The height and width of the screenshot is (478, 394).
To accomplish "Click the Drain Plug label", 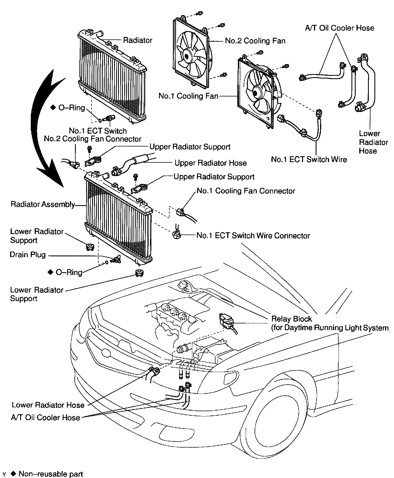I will tap(27, 255).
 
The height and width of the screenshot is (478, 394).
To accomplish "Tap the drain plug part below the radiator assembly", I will tap(115, 260).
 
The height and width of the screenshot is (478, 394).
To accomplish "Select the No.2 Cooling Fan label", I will tap(255, 41).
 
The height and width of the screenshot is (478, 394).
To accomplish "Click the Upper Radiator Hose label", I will tap(210, 163).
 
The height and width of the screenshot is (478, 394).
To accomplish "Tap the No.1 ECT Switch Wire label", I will tap(309, 159).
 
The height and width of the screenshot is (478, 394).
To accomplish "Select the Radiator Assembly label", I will tap(43, 204).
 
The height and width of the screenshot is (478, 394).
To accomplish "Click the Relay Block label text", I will tap(292, 319).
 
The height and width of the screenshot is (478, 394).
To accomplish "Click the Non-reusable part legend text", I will tap(51, 474).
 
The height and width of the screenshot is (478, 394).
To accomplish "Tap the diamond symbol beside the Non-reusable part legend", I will tap(13, 474).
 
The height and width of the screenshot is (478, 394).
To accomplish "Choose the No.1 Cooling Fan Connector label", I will tap(246, 191).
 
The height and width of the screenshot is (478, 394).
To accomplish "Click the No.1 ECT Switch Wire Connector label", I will tap(253, 235).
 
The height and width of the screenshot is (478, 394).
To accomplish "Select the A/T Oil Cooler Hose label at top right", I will tap(339, 28).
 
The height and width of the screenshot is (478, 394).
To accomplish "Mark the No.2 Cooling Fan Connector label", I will tap(93, 139).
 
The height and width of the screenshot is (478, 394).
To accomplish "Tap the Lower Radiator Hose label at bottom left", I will tap(48, 405).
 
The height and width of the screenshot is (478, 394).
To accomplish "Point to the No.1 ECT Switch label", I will tap(98, 131).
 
